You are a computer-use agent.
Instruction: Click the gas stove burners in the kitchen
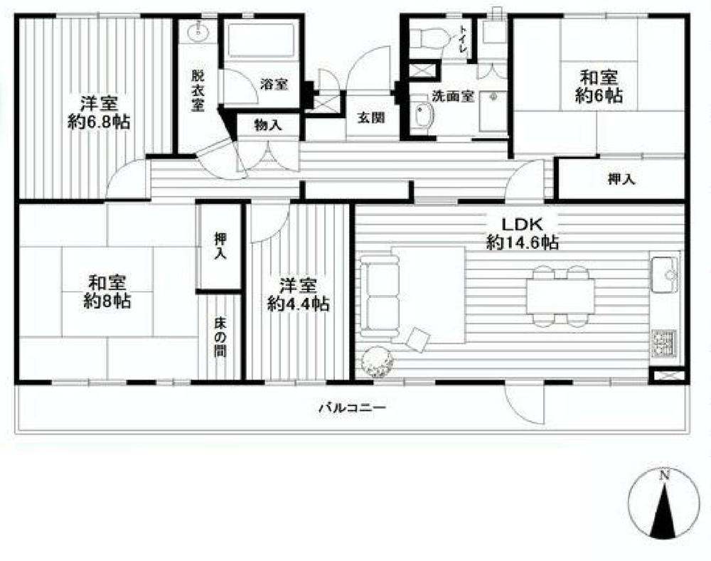pos(665,343)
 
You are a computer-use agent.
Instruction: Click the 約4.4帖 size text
pos(297,304)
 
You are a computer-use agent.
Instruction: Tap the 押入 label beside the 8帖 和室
pos(220,246)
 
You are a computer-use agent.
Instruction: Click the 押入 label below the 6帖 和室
pos(621,180)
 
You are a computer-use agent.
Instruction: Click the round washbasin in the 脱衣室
pos(198,32)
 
